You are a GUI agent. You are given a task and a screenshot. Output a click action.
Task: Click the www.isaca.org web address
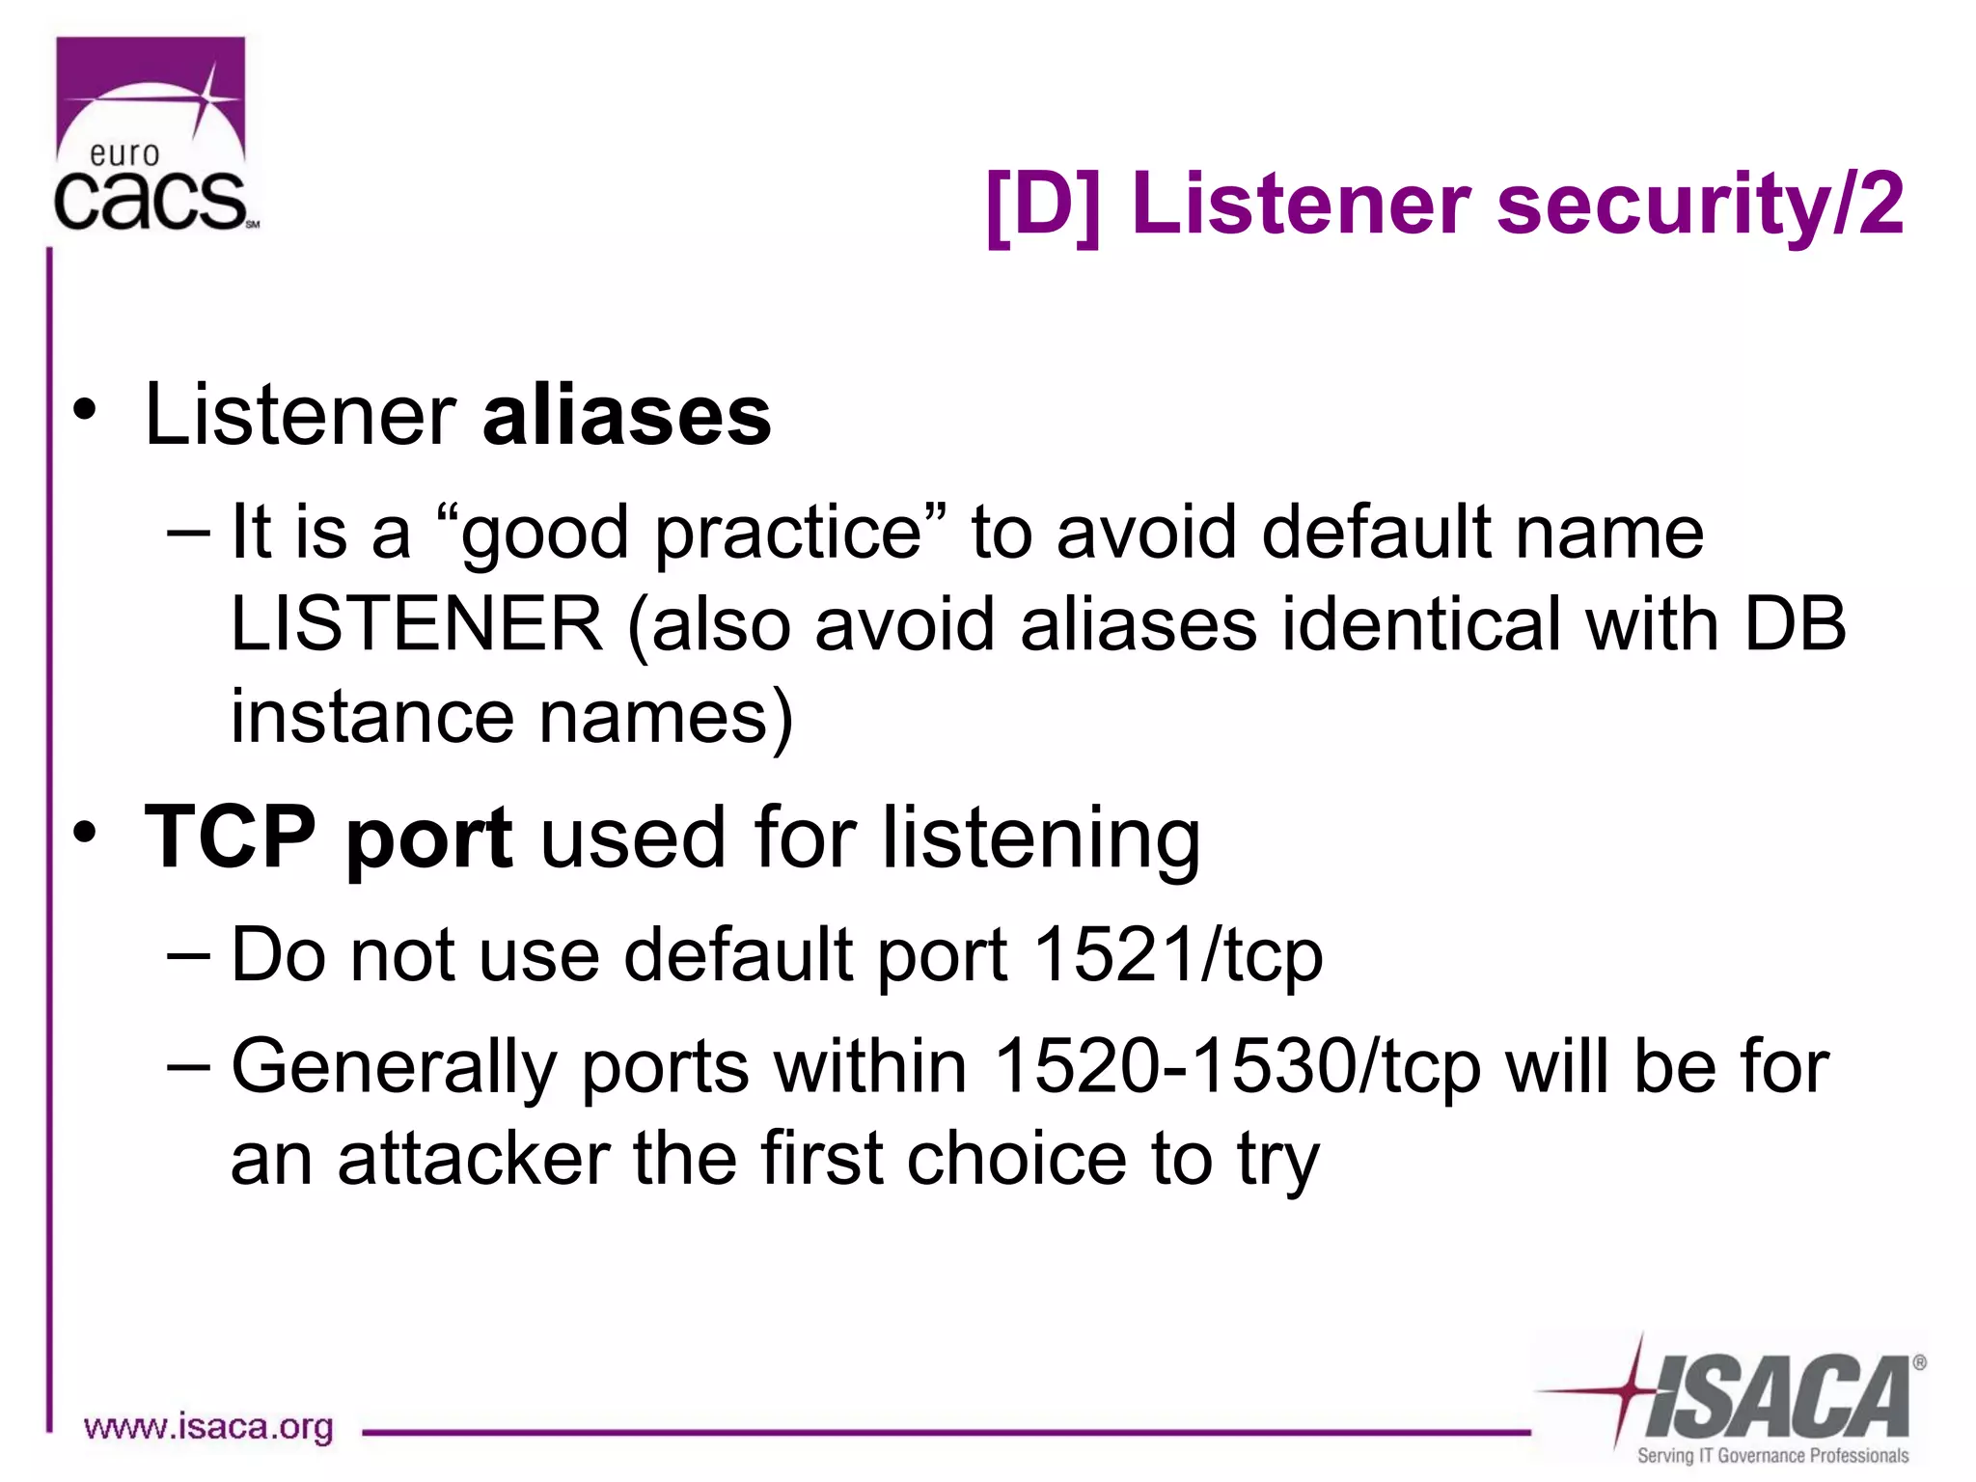[208, 1426]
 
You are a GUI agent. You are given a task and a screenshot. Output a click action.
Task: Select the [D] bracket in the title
[1042, 205]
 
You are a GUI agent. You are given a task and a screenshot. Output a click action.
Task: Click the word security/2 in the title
[1700, 205]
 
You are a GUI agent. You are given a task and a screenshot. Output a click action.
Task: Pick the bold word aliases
[627, 417]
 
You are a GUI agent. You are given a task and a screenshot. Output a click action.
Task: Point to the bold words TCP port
[328, 837]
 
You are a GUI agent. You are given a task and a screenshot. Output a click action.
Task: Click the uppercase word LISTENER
[417, 624]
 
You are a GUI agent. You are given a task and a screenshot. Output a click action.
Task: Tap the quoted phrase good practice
[691, 533]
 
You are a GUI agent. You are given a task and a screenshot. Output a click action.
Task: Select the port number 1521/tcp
[1177, 955]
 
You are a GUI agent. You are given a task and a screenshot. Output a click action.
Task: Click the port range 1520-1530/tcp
[1237, 1067]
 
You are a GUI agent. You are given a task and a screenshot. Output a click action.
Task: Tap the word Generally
[394, 1067]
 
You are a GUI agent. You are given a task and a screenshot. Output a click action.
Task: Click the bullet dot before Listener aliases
[85, 409]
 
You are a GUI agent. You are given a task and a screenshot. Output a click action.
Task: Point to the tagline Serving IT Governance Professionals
[1772, 1455]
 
